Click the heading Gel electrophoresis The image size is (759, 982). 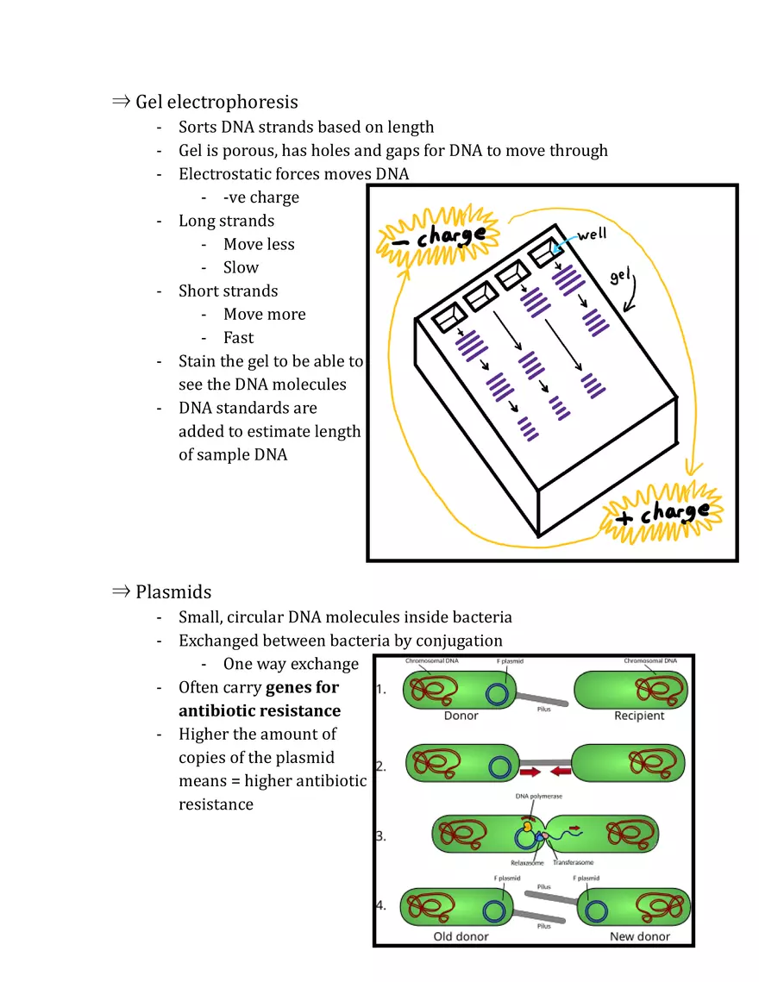coord(216,102)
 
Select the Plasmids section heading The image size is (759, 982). coord(172,591)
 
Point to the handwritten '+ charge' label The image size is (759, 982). coord(663,513)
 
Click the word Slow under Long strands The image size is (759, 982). coord(241,267)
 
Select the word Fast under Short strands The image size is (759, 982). coord(238,338)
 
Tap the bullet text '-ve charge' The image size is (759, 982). coord(260,197)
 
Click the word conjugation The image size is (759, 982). coord(459,641)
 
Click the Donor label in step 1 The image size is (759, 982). coord(461,716)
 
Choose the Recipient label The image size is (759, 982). coord(639,716)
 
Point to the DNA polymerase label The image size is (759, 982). coord(539,797)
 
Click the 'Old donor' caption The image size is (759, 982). coord(461,936)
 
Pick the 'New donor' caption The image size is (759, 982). coord(639,936)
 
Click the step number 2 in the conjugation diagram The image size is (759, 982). coord(381,766)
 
